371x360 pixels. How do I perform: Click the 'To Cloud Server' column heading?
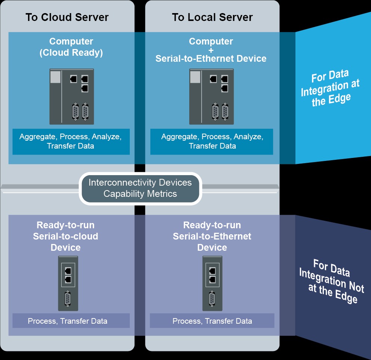pyautogui.click(x=67, y=17)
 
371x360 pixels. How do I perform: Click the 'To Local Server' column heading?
pyautogui.click(x=212, y=17)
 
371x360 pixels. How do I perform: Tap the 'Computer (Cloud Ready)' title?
pyautogui.click(x=71, y=47)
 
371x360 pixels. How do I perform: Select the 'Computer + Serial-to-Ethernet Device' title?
pyautogui.click(x=211, y=50)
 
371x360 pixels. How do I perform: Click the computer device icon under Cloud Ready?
pyautogui.click(x=71, y=97)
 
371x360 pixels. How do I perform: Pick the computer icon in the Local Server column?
pyautogui.click(x=211, y=97)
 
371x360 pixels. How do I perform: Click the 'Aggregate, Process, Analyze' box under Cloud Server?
pyautogui.click(x=71, y=141)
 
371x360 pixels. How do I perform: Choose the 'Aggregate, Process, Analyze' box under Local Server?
pyautogui.click(x=212, y=141)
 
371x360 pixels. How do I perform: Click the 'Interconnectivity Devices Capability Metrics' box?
pyautogui.click(x=140, y=188)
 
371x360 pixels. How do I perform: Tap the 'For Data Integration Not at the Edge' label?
pyautogui.click(x=331, y=281)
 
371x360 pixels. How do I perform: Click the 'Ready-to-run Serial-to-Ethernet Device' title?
pyautogui.click(x=212, y=236)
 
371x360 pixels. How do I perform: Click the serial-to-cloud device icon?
pyautogui.click(x=68, y=283)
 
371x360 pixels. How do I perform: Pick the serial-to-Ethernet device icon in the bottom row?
pyautogui.click(x=212, y=283)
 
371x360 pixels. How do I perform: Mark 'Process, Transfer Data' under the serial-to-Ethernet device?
pyautogui.click(x=212, y=321)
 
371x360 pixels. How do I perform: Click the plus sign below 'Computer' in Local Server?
pyautogui.click(x=211, y=50)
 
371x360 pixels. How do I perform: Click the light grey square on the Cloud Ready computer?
pyautogui.click(x=55, y=76)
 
